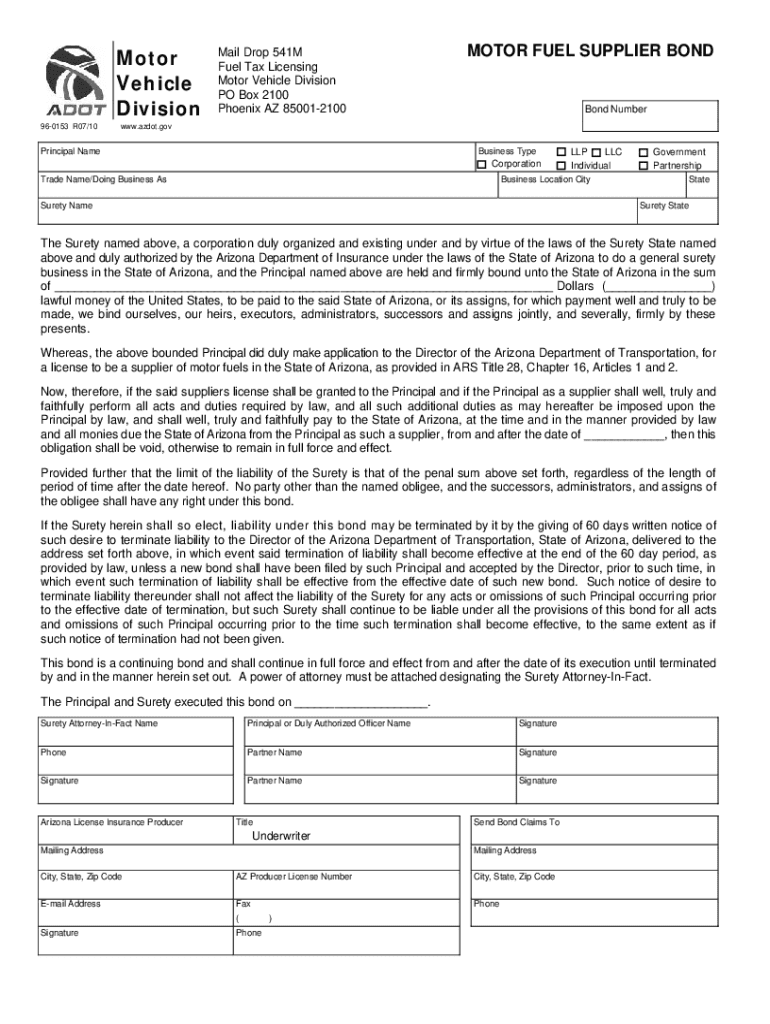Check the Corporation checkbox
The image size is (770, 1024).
click(x=482, y=164)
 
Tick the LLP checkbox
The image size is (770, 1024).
click(x=561, y=152)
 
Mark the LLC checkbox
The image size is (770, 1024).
click(x=596, y=152)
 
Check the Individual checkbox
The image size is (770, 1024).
click(x=561, y=165)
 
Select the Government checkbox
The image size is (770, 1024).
click(x=644, y=152)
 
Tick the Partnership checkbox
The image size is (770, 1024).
click(x=644, y=165)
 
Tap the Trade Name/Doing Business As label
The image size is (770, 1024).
click(x=103, y=179)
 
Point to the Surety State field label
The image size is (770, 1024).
click(x=664, y=205)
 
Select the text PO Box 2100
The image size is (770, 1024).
click(x=253, y=95)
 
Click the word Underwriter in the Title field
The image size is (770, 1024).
click(x=281, y=835)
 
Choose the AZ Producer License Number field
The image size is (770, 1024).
click(x=293, y=876)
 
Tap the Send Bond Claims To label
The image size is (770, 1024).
click(x=516, y=822)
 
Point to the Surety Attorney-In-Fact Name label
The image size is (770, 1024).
click(x=98, y=723)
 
